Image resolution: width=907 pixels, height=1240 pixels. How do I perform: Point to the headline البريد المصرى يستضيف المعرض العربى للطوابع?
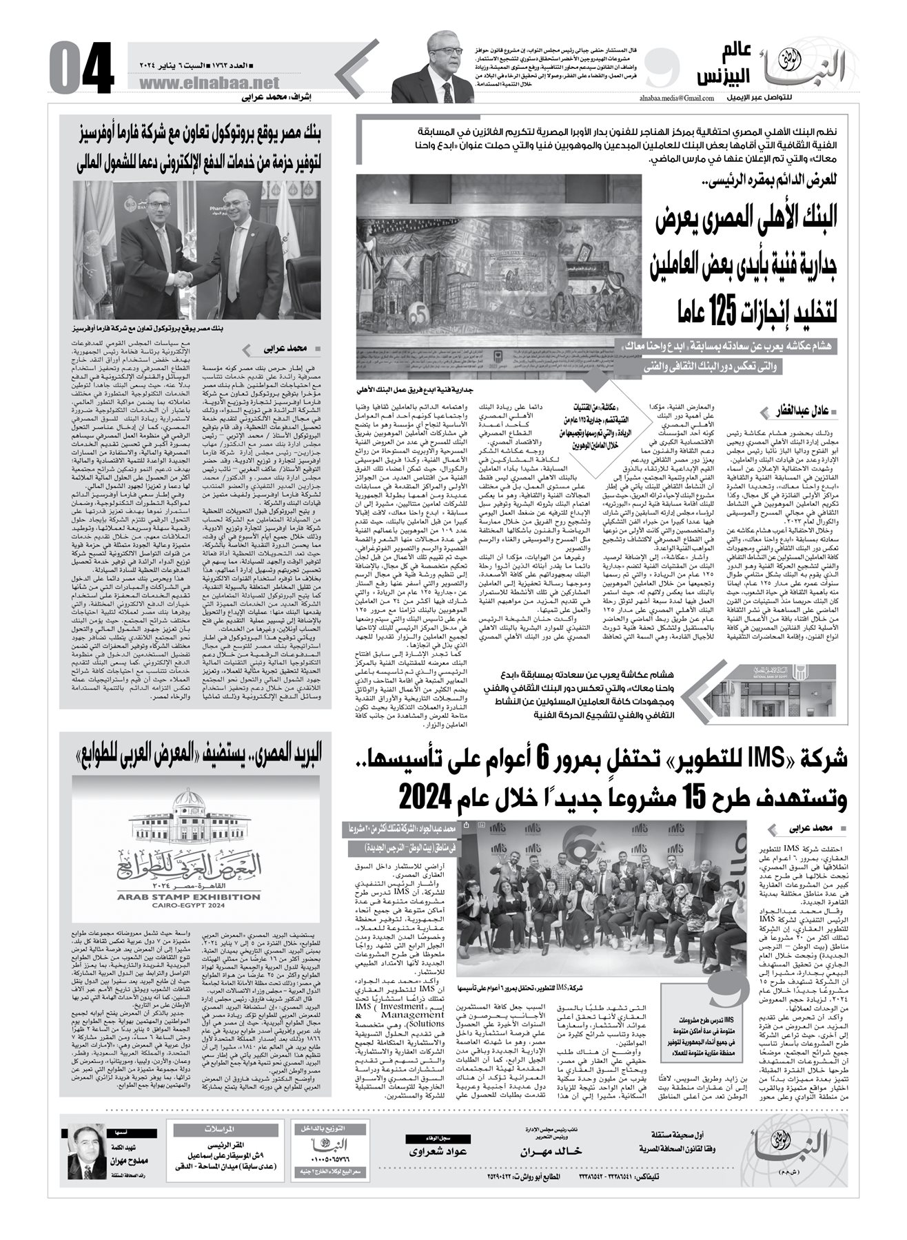pyautogui.click(x=196, y=755)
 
